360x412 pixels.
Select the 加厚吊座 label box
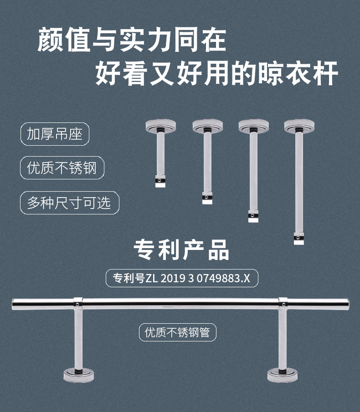click(x=55, y=134)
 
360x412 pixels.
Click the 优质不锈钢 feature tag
click(x=62, y=168)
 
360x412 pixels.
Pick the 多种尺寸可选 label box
click(x=69, y=203)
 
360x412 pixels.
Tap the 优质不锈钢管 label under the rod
click(x=177, y=333)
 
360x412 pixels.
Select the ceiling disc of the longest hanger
click(x=299, y=125)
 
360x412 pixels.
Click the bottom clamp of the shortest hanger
click(x=159, y=182)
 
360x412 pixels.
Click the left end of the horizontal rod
click(x=15, y=304)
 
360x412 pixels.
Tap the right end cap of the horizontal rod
click(x=347, y=304)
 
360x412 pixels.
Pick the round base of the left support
click(x=78, y=374)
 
